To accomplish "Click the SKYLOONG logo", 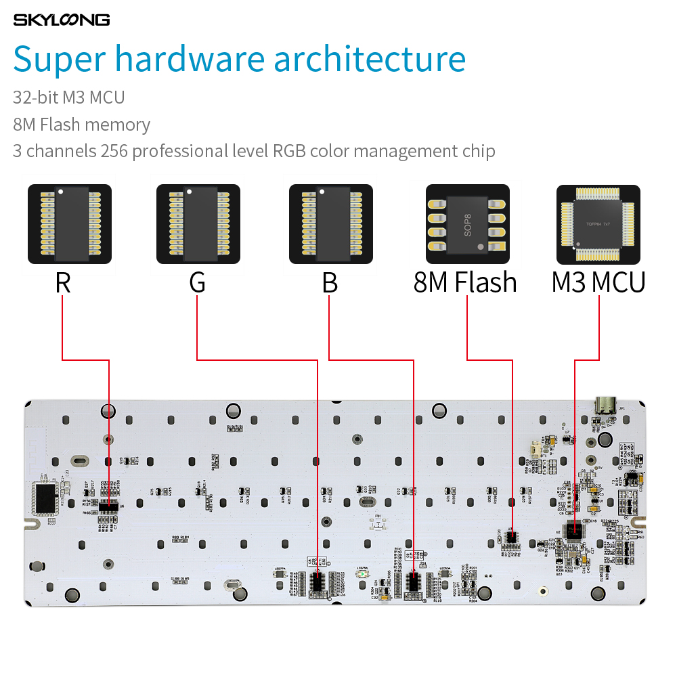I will (61, 20).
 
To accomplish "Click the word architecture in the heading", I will (370, 60).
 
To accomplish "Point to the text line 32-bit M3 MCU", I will (69, 97).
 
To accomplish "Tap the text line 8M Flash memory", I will (81, 125).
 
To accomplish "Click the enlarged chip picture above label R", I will (70, 223).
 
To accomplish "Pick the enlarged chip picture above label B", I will (331, 223).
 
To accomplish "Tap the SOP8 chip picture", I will (467, 223).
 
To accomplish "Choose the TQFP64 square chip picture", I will (598, 224).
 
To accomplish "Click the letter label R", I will (63, 282).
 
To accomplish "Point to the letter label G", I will (197, 282).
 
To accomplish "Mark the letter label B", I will (330, 282).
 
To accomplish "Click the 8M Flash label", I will (465, 282).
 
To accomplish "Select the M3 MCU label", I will (598, 282).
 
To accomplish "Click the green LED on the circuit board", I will (363, 574).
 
